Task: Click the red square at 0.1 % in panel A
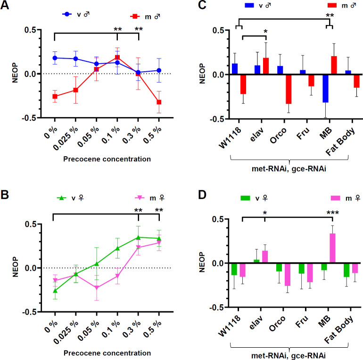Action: (117, 58)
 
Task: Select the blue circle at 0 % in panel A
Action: (55, 58)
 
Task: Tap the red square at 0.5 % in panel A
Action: (159, 102)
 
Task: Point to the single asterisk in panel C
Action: (265, 32)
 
